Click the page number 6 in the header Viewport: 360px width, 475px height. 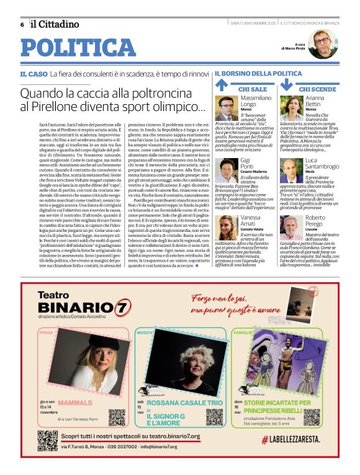coord(22,24)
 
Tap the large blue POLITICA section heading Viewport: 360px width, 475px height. coord(78,48)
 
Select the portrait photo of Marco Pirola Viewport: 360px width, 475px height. coord(322,44)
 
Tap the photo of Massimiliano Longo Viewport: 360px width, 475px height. coord(227,108)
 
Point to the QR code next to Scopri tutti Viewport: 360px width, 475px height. coord(47,440)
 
